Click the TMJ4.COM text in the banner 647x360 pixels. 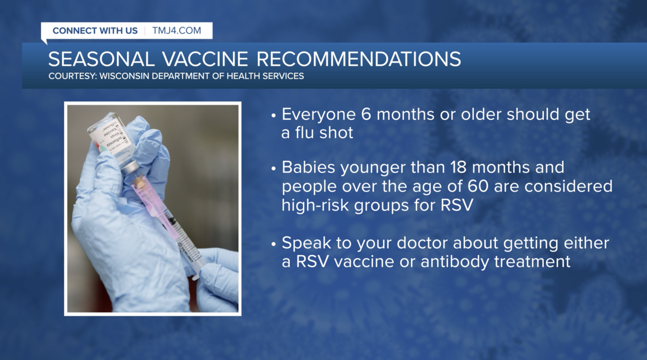click(x=176, y=31)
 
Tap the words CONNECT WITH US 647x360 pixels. click(x=95, y=31)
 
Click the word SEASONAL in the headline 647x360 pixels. click(x=101, y=59)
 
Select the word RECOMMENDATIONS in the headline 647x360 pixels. click(x=358, y=59)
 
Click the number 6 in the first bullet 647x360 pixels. click(x=365, y=114)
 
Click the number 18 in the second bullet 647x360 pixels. click(x=458, y=167)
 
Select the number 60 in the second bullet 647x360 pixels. click(x=478, y=187)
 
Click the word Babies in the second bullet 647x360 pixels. click(x=308, y=167)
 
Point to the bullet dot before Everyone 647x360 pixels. click(x=273, y=116)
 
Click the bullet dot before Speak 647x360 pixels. click(x=273, y=244)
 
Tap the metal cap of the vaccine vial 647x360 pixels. click(x=129, y=168)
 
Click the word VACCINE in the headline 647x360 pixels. click(x=205, y=59)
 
